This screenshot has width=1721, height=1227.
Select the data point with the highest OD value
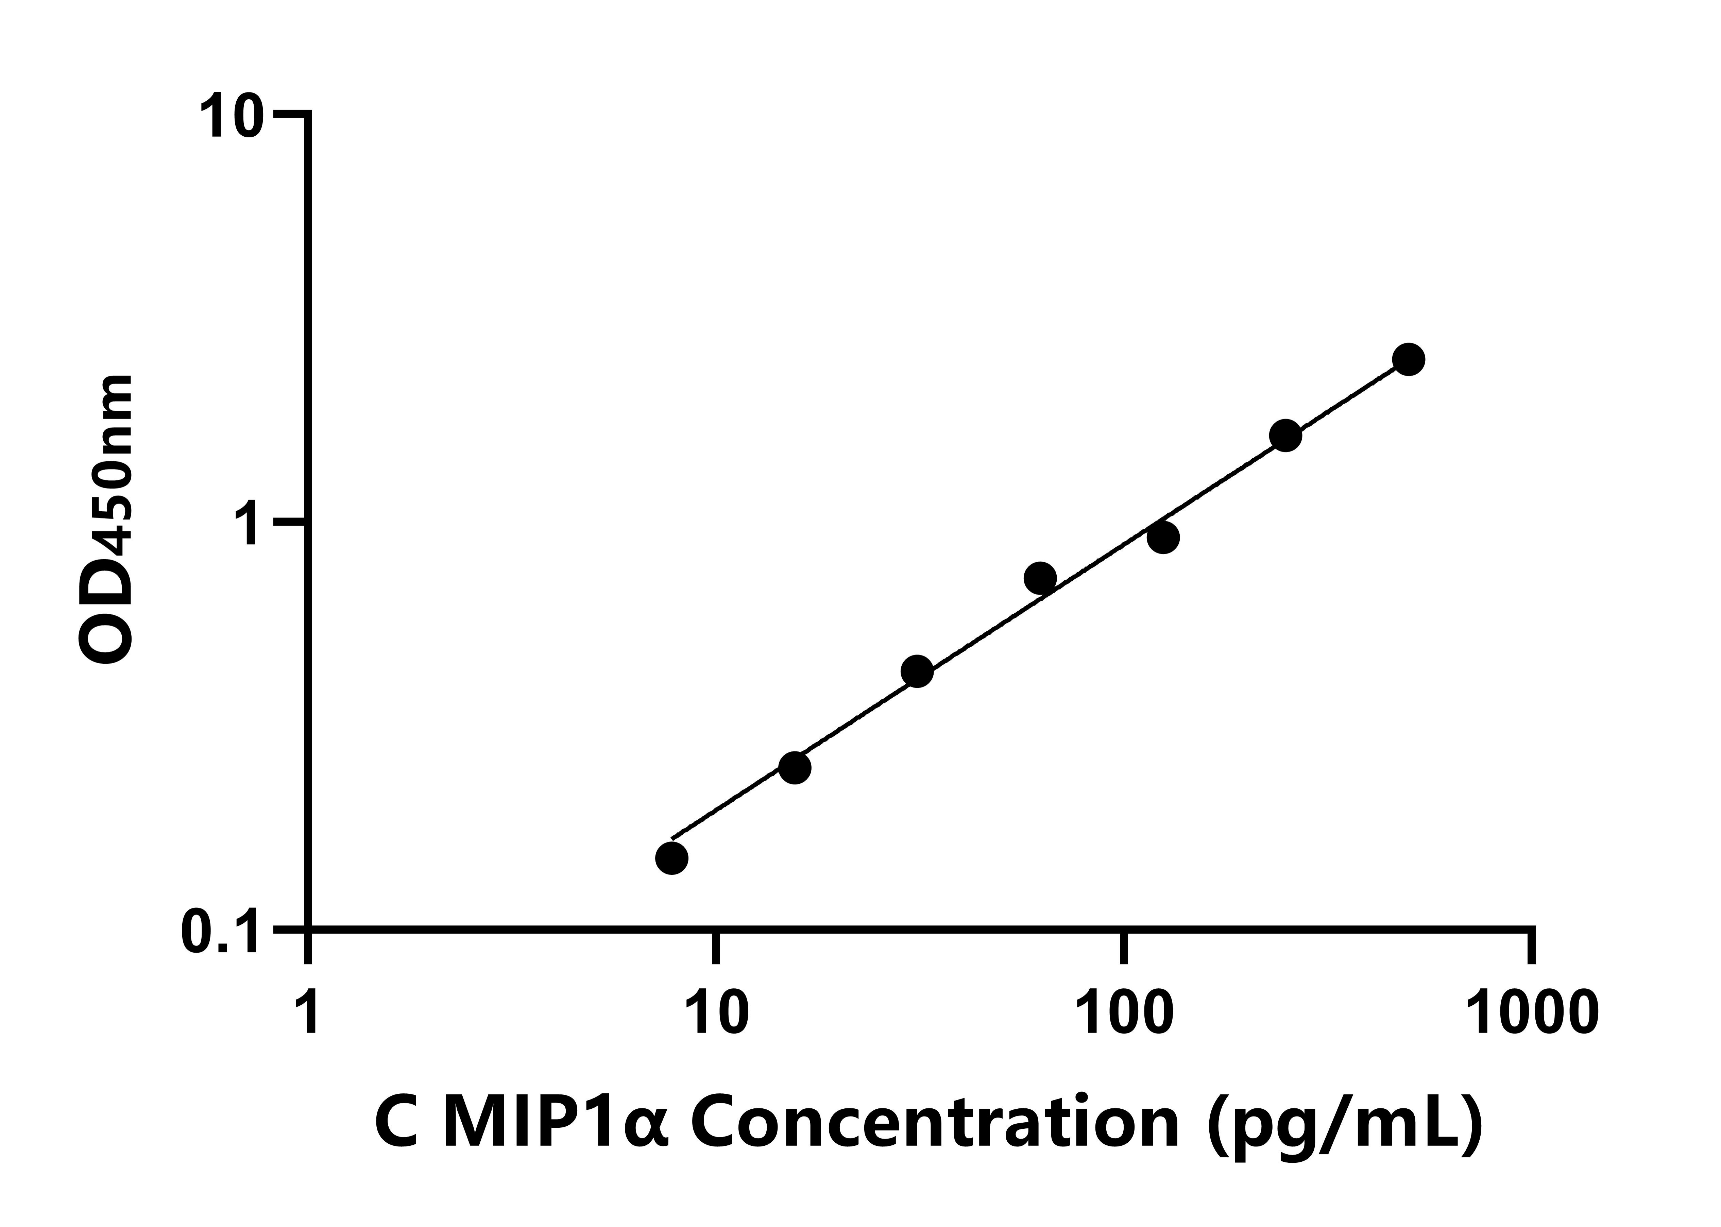point(1408,360)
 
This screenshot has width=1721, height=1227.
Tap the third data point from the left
point(917,671)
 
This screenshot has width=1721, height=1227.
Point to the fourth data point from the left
point(1040,578)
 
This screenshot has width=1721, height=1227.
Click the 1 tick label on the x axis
point(308,1014)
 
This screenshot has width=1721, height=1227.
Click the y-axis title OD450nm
point(106,521)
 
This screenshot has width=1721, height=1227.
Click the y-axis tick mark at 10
point(291,115)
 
